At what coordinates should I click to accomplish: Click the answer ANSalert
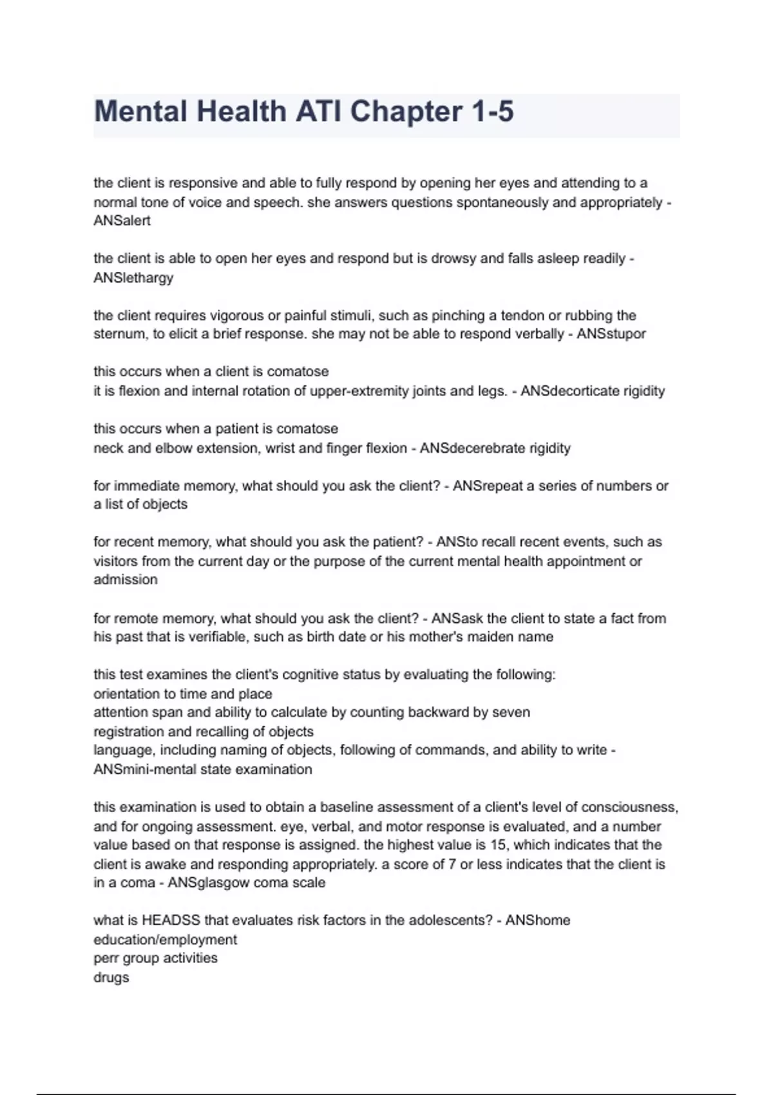tap(122, 221)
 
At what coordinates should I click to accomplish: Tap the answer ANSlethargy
tap(133, 278)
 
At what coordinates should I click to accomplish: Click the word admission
tap(125, 580)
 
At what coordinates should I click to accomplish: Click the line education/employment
tap(165, 940)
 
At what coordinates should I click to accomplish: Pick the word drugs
tap(111, 978)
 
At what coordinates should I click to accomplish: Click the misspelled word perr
tap(106, 958)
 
